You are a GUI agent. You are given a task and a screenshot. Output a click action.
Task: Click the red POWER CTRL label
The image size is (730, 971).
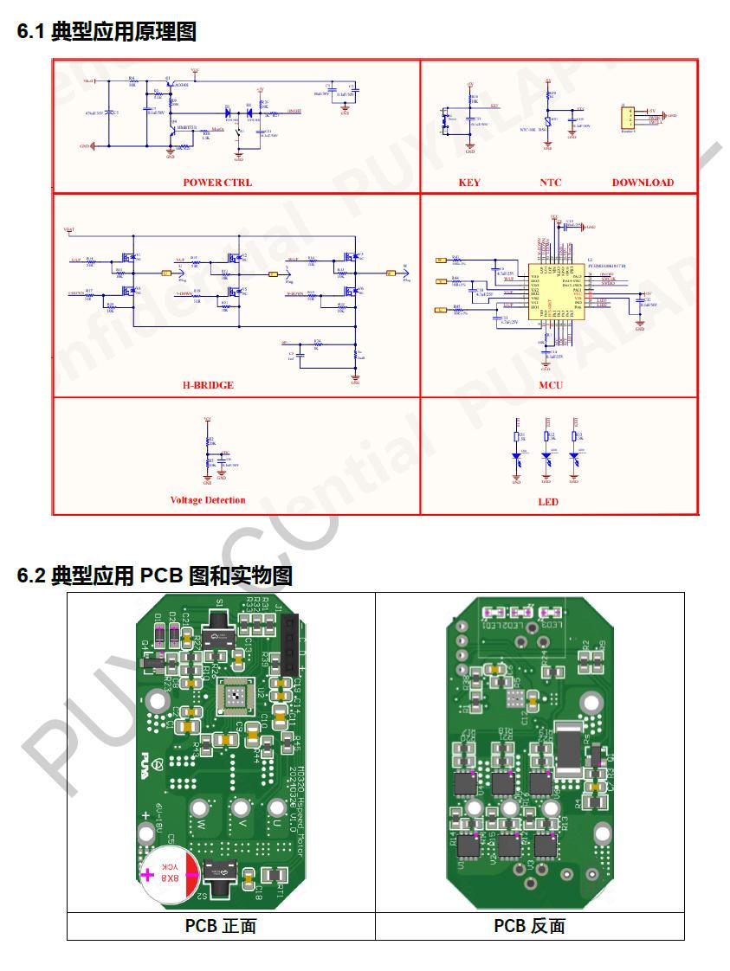tap(217, 183)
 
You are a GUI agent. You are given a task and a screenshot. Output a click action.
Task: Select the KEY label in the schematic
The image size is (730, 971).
tap(469, 183)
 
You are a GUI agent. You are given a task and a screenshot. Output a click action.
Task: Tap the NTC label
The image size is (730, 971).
tap(551, 183)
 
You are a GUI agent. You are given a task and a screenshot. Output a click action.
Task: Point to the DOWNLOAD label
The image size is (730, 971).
tap(643, 183)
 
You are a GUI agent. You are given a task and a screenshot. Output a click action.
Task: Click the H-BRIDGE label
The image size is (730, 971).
tap(208, 385)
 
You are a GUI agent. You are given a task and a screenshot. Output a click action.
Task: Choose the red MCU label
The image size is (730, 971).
tap(551, 385)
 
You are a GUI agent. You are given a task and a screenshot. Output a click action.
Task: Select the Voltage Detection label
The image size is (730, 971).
tap(208, 500)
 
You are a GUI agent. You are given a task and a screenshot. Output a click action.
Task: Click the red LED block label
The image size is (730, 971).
tap(548, 502)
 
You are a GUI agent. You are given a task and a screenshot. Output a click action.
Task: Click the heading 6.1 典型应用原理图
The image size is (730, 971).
tap(107, 32)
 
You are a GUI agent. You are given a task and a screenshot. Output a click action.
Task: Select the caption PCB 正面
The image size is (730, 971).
tap(221, 926)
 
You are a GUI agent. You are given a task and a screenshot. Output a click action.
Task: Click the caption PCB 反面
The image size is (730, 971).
tap(529, 926)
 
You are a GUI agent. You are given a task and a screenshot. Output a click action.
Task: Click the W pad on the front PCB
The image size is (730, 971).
tap(200, 810)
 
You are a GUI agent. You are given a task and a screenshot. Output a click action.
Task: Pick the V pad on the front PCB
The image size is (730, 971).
tap(239, 810)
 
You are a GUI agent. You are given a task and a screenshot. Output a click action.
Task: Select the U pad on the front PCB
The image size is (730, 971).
tap(276, 809)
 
